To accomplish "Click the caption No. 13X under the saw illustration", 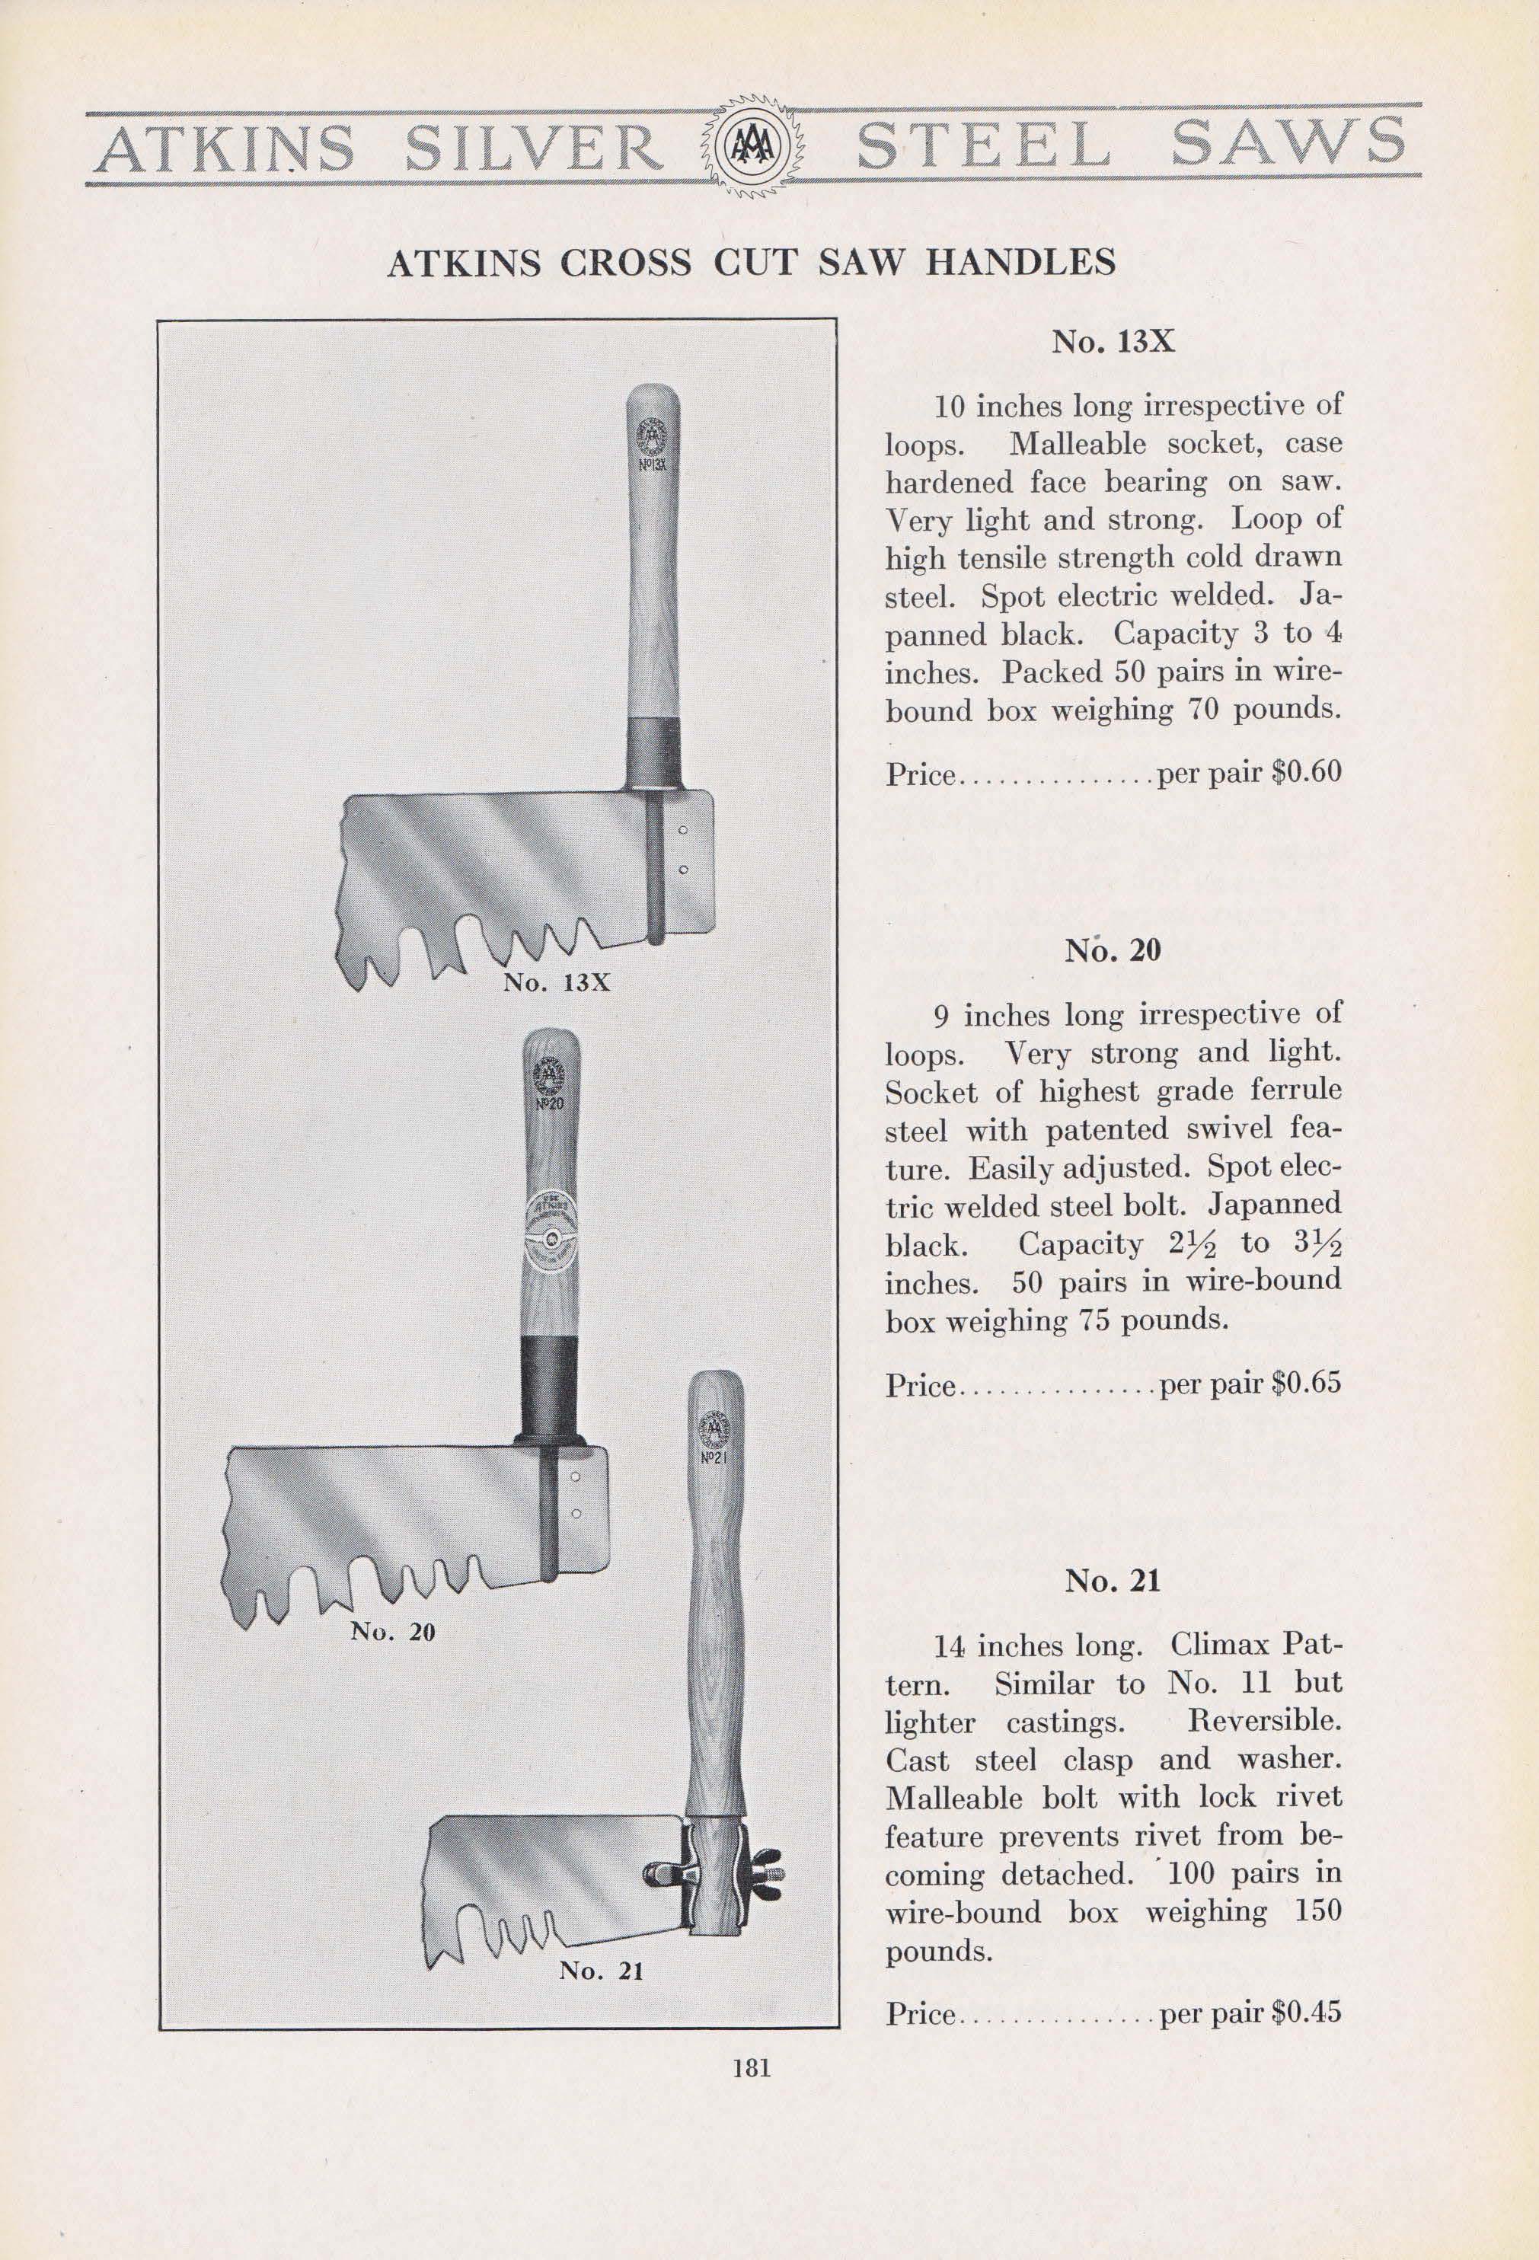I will click(x=557, y=982).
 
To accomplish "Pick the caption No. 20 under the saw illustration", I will click(x=392, y=1632).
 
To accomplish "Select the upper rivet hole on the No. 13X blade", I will click(x=684, y=831).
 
